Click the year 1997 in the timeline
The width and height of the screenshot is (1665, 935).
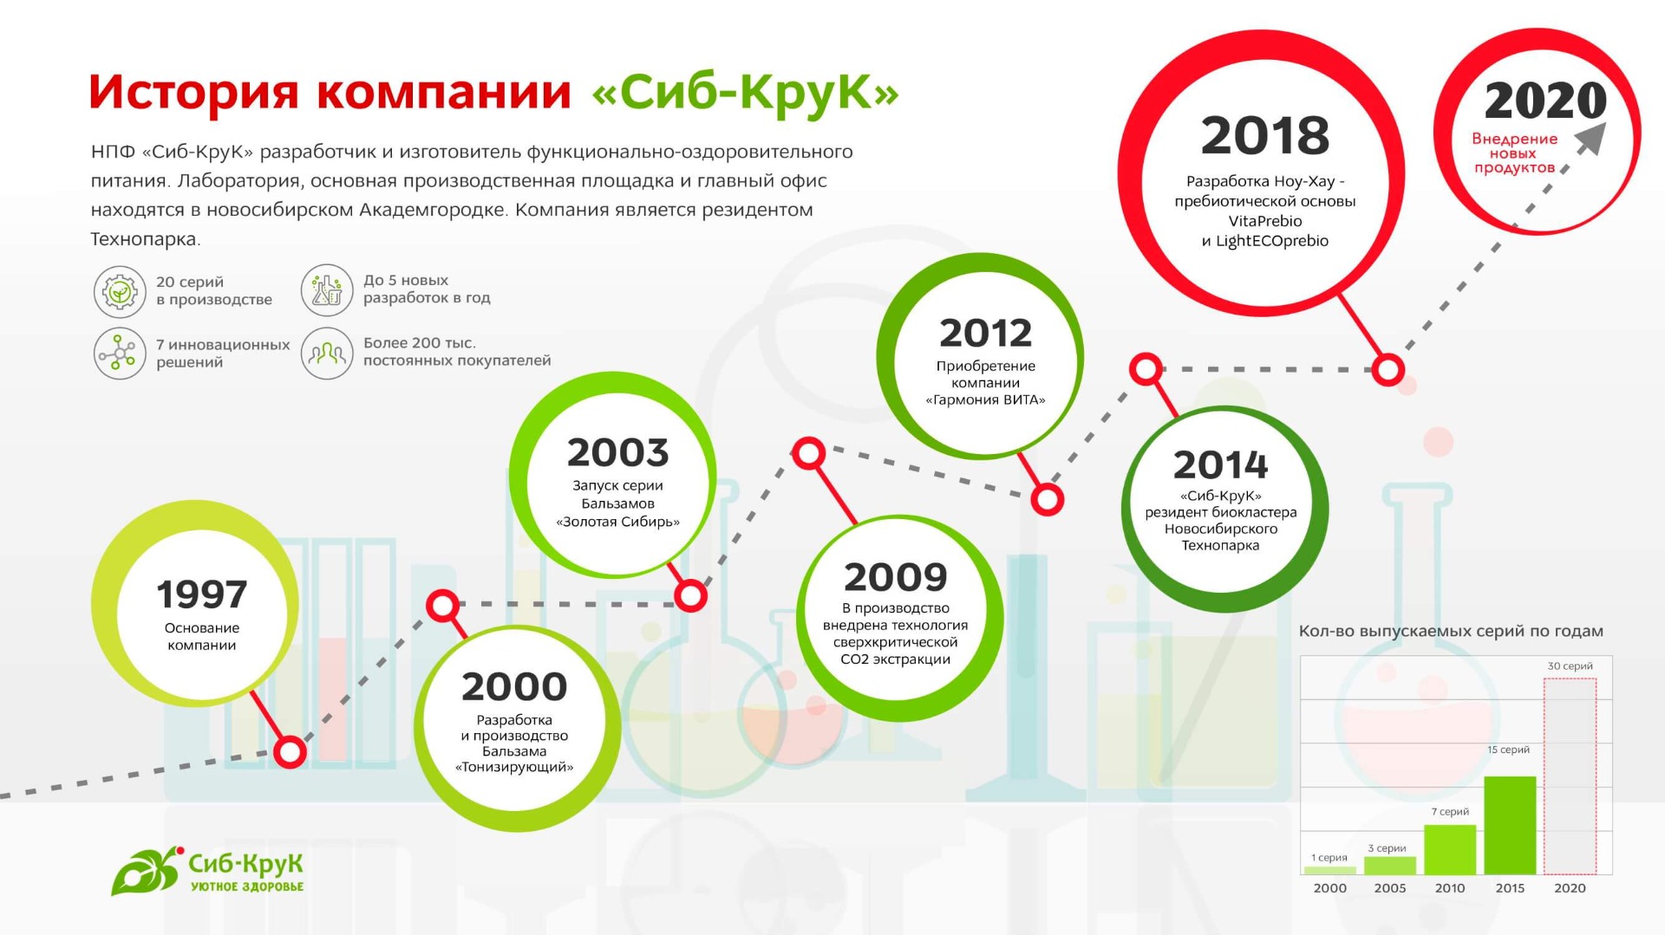click(x=201, y=594)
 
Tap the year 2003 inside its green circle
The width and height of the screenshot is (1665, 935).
click(x=617, y=452)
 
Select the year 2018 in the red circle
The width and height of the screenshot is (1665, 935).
click(x=1264, y=135)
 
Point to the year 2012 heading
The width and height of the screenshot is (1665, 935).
click(x=985, y=333)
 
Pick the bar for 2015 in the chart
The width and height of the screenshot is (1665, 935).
click(x=1510, y=825)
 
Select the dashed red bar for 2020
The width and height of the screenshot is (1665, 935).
click(x=1570, y=776)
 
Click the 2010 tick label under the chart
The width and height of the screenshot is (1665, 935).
click(x=1450, y=888)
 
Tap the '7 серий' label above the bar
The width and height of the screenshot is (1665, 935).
click(x=1450, y=812)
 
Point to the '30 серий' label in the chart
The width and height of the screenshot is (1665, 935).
click(x=1570, y=666)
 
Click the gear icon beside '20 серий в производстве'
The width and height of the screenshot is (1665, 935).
click(x=120, y=292)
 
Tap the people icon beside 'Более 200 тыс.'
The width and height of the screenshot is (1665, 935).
click(x=327, y=353)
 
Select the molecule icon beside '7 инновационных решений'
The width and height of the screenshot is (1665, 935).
click(x=120, y=354)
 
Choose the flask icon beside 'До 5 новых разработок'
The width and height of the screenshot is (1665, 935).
click(x=327, y=290)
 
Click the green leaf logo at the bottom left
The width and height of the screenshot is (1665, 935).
click(x=146, y=871)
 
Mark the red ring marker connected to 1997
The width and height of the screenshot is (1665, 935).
click(x=290, y=751)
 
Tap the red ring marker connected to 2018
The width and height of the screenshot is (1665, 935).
click(x=1387, y=370)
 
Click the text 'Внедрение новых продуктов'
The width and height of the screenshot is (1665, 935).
click(x=1514, y=153)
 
